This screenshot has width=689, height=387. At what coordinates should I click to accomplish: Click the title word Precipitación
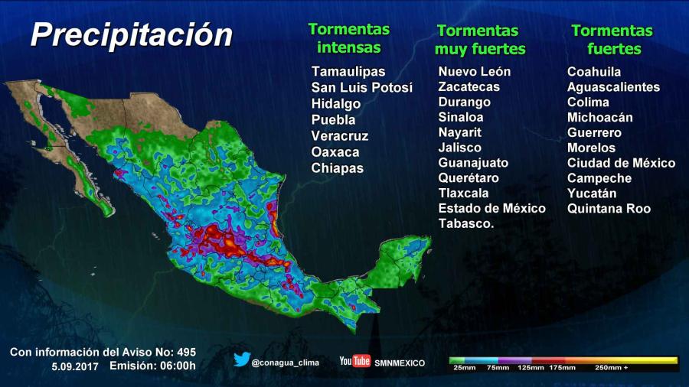[131, 34]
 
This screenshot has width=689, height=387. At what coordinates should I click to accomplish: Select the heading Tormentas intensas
[348, 38]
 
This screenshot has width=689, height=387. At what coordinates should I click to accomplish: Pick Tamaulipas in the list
[348, 71]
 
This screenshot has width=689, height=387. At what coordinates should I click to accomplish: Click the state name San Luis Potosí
[361, 87]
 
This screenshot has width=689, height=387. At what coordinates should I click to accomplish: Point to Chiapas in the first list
[337, 168]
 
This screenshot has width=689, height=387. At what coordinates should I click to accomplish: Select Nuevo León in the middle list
[474, 71]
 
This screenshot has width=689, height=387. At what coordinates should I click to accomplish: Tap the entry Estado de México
[491, 208]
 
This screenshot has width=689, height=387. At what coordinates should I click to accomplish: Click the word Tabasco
[465, 223]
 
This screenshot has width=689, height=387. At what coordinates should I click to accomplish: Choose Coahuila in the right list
[594, 71]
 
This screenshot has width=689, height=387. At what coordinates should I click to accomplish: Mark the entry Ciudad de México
[621, 163]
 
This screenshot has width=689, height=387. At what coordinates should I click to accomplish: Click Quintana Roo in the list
[609, 209]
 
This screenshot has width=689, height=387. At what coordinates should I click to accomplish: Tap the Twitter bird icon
[242, 359]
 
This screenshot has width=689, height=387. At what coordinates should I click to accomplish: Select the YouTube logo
[355, 361]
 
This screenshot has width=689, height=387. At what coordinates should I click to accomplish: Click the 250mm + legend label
[612, 368]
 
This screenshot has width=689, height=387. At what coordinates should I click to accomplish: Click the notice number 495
[186, 352]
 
